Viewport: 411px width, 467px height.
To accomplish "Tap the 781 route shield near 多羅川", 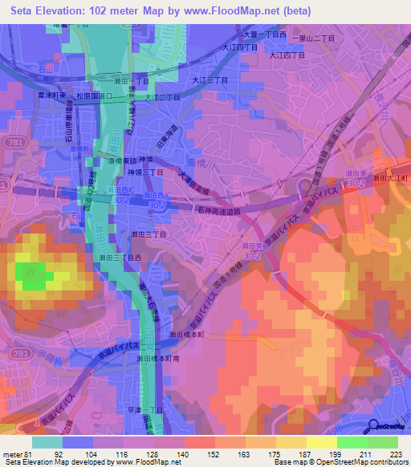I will coord(11,353).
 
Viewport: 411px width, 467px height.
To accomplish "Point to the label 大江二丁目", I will coord(161,98).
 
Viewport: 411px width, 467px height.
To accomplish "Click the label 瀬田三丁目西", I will coord(120,258).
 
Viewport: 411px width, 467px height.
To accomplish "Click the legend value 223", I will coord(397,453).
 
